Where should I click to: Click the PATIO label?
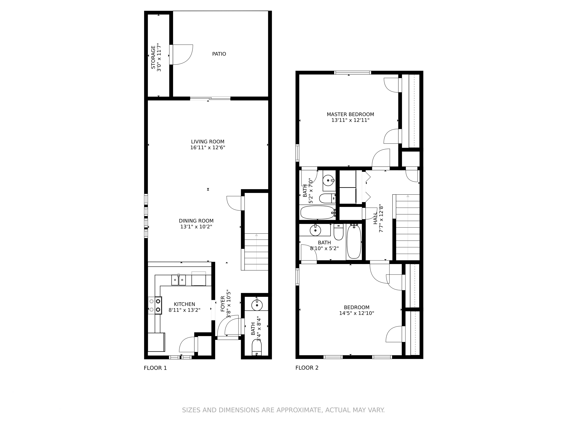pos(219,54)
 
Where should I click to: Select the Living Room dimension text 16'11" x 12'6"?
pos(208,148)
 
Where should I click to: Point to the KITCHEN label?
pos(185,304)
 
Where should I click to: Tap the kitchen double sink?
pos(179,280)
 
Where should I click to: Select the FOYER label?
pos(223,304)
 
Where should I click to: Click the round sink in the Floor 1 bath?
pos(257,305)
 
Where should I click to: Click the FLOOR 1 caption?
pos(155,368)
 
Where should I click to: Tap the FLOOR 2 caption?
pos(307,368)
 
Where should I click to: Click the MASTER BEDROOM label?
pos(350,115)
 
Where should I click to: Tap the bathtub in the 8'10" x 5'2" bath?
pos(354,241)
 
